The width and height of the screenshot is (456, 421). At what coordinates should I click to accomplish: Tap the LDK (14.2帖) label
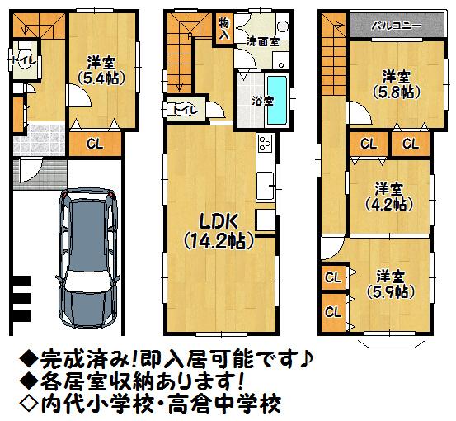coord(218,230)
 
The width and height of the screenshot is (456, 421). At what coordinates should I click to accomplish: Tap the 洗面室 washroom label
coord(261,39)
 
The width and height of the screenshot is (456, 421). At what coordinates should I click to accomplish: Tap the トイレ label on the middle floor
coord(183,107)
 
